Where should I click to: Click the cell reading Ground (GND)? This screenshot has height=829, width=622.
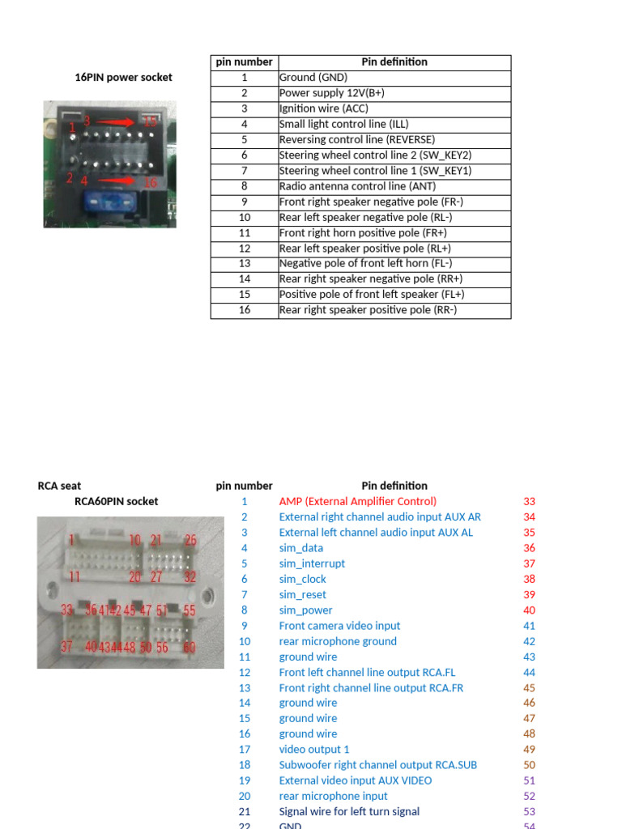pos(313,78)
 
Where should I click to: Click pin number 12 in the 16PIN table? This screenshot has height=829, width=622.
pos(244,249)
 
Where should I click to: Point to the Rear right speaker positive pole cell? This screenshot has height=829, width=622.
pos(368,310)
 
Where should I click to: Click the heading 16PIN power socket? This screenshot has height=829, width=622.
pos(123,78)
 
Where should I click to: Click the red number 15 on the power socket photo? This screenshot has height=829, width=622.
pos(151,121)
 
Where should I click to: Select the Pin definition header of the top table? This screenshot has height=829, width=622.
pos(394,62)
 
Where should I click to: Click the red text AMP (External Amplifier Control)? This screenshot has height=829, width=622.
pos(357,501)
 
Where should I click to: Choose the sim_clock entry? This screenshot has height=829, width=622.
pos(303,579)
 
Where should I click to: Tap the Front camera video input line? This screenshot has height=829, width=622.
pos(339,626)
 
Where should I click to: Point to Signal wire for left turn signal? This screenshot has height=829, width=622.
pos(349,811)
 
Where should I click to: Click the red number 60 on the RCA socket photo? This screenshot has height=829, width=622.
pos(190,647)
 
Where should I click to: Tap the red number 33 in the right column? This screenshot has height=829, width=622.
pos(530,501)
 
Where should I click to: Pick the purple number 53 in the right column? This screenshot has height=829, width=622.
pos(530,811)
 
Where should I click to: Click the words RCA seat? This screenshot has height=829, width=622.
pos(59,486)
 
